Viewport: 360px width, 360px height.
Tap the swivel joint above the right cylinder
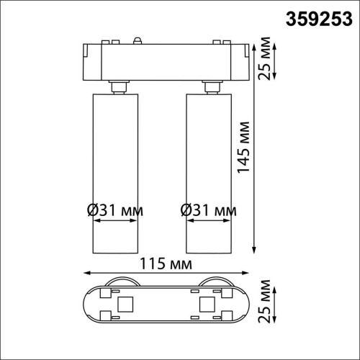coord(211,86)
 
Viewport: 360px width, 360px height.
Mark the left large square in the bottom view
coord(124,303)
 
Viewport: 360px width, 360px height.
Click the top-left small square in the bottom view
coord(105,292)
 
